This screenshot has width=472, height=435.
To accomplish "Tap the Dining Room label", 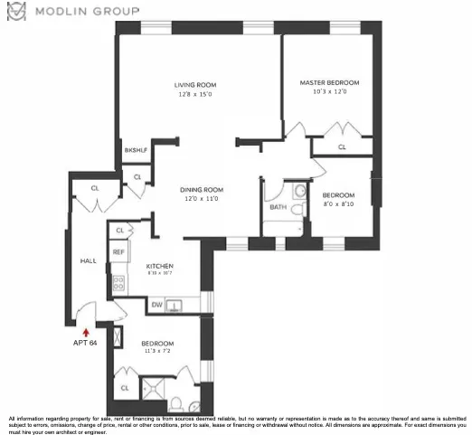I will click(x=202, y=190).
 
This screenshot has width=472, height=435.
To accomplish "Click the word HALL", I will click(x=88, y=260).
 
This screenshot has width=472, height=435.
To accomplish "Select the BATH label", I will click(x=278, y=207).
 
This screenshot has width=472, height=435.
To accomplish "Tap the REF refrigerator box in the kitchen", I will click(x=118, y=251).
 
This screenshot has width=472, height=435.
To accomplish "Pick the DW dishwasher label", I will click(x=156, y=305).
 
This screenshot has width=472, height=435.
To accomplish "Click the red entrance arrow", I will click(x=86, y=332).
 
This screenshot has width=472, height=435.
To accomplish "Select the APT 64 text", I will click(x=85, y=344).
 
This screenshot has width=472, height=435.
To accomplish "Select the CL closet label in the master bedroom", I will click(x=342, y=146).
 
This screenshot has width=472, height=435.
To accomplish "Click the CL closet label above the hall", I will click(x=94, y=188).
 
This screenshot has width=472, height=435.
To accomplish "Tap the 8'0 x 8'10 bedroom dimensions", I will click(x=339, y=204).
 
